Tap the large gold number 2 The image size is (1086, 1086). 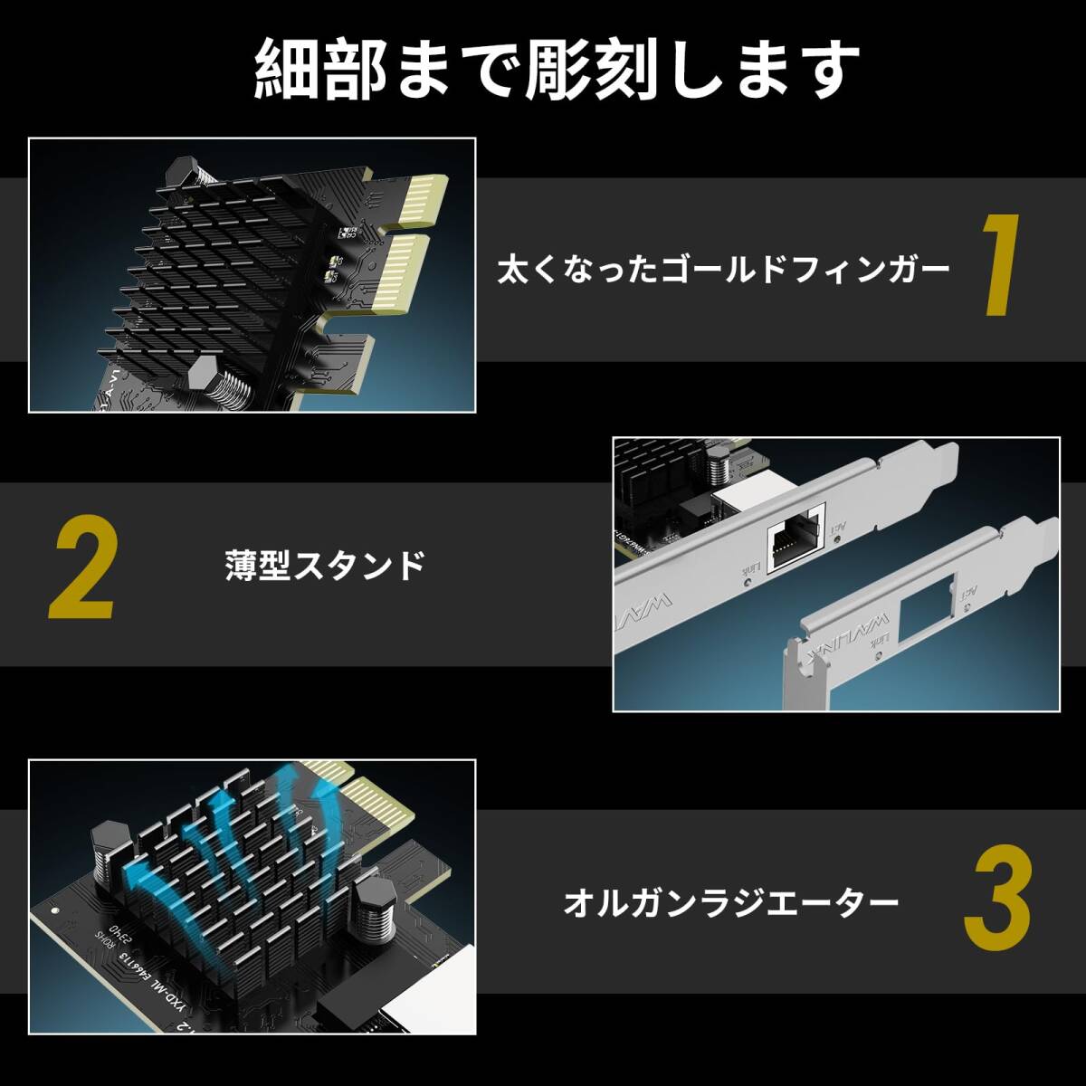(x=82, y=568)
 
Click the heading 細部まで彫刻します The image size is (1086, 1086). (x=556, y=69)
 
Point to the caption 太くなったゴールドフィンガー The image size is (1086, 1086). (x=723, y=269)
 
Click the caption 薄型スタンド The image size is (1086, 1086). (x=325, y=566)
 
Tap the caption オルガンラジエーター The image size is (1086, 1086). (x=731, y=902)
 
